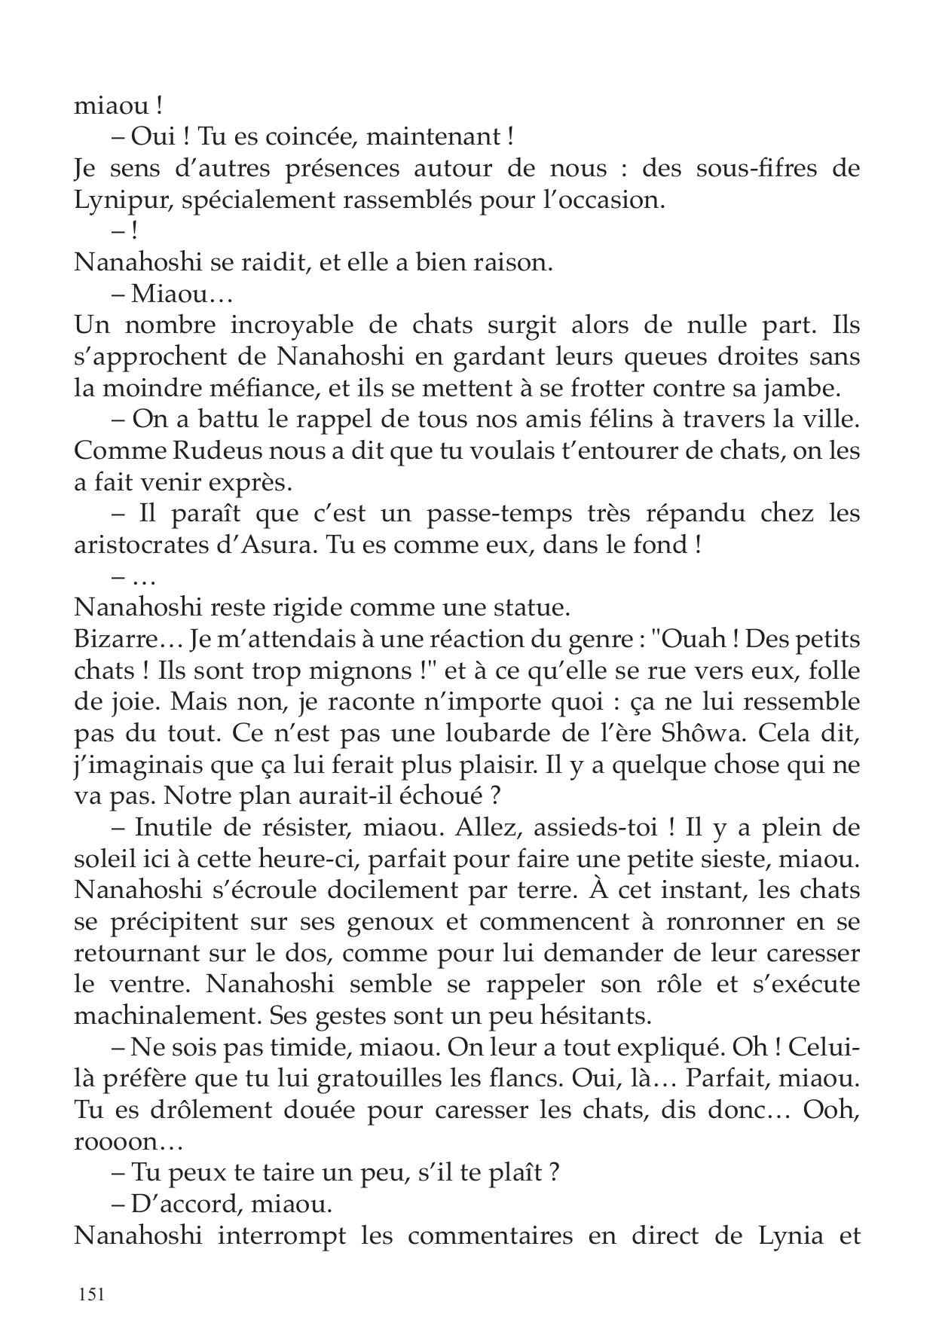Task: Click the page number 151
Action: point(90,1294)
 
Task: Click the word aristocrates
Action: point(139,544)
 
